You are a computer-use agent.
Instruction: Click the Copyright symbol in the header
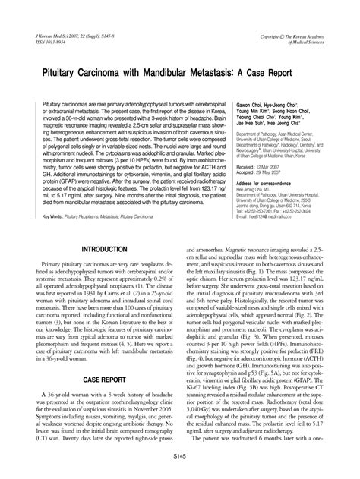pos(289,35)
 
